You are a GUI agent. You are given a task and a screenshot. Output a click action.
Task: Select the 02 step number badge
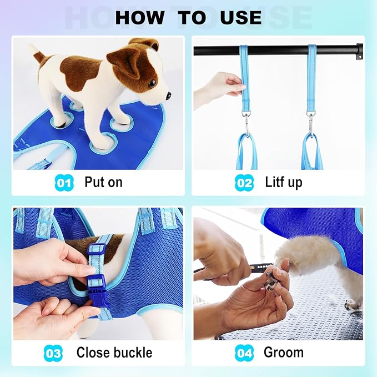(x=244, y=182)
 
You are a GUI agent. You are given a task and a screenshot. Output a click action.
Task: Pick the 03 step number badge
(x=53, y=353)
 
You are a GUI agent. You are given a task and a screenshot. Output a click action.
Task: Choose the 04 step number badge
(x=244, y=353)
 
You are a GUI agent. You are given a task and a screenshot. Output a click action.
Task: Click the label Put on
(x=103, y=182)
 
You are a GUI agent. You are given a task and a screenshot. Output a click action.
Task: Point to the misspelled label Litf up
(x=283, y=182)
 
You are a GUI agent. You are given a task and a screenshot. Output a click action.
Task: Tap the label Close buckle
(x=114, y=353)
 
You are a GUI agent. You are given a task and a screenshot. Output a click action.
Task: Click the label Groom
(x=283, y=353)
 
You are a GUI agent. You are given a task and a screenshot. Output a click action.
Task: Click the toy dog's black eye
(x=152, y=83)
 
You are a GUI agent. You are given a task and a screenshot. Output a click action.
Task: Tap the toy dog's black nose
(x=168, y=95)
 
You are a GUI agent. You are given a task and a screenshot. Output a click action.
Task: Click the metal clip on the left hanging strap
(x=244, y=120)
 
